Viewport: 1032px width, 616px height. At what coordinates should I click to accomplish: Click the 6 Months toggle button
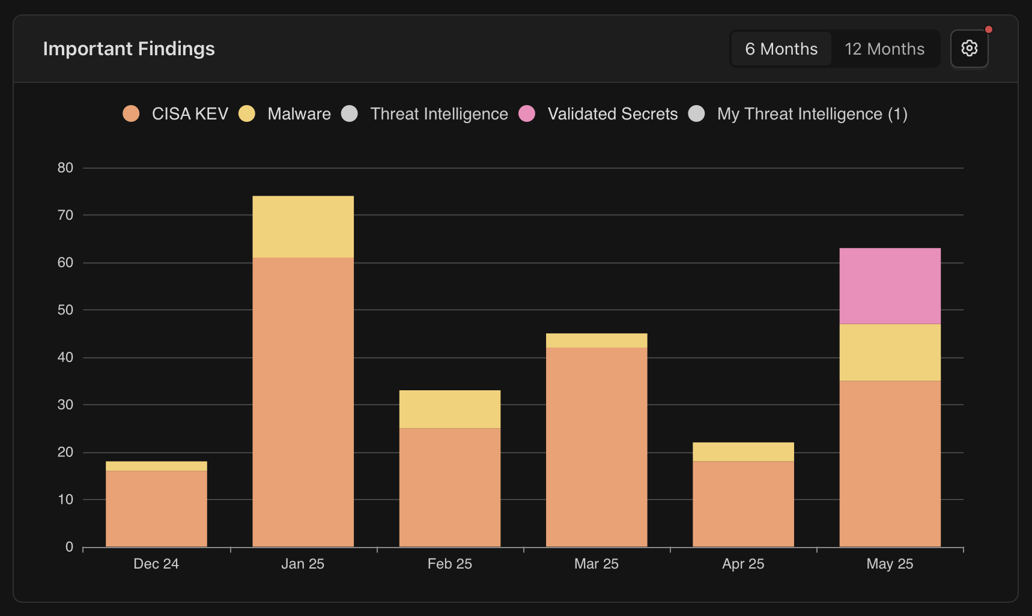point(781,49)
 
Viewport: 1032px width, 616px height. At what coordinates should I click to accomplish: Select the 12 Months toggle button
point(884,49)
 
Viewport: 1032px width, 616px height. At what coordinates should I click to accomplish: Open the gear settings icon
point(969,48)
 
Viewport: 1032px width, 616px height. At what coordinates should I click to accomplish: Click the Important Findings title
point(129,49)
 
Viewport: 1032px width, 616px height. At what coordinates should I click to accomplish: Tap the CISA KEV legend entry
point(176,113)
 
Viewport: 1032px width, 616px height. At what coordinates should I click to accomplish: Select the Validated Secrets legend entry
point(598,113)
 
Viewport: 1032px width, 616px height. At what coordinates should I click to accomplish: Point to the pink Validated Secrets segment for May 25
point(890,286)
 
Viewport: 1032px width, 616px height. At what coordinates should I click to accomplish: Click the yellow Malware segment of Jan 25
point(303,226)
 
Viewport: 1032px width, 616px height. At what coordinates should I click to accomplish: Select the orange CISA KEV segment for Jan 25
point(303,402)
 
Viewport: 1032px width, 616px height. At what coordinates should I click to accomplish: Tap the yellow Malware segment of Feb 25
point(449,409)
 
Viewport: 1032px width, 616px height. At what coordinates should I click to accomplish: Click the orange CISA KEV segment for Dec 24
point(156,509)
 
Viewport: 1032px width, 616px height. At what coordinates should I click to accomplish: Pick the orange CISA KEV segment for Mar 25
point(596,447)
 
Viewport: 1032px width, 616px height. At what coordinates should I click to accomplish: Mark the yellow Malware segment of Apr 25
point(743,451)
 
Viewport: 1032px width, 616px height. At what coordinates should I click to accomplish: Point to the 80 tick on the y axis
point(65,168)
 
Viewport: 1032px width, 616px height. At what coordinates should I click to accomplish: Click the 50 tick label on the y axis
point(65,310)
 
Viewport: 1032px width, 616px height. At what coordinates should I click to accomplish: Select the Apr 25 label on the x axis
point(743,564)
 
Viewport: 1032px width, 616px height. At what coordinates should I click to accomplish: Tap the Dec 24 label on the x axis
point(156,564)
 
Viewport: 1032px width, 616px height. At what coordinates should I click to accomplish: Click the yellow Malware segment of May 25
point(890,352)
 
